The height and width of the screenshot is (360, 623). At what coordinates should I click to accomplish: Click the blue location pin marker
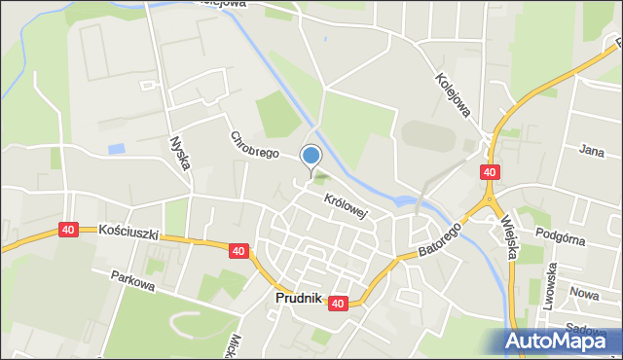(x=311, y=156)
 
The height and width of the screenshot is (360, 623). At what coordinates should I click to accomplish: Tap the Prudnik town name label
(x=298, y=299)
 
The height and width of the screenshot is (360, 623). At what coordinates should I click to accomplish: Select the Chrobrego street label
(x=254, y=145)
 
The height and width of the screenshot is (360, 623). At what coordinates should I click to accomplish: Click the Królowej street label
(x=346, y=204)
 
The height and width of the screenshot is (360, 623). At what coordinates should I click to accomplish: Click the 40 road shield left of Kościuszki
(x=67, y=230)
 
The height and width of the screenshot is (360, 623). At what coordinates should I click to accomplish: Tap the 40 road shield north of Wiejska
(x=490, y=172)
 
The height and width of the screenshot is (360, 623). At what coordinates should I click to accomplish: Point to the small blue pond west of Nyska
(x=118, y=149)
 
